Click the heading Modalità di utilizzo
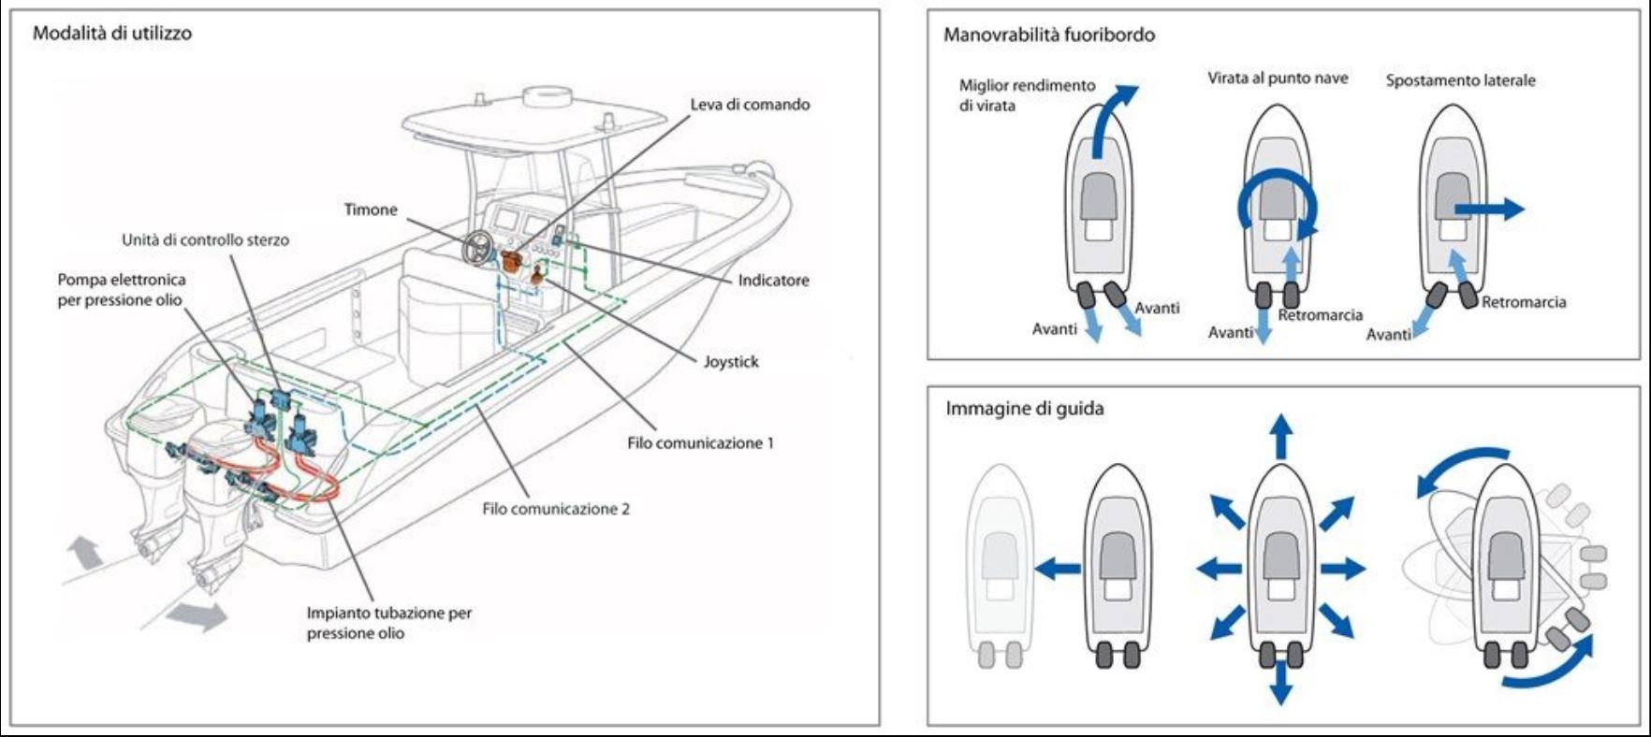click(x=112, y=34)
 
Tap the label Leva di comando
click(x=750, y=105)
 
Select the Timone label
click(x=371, y=210)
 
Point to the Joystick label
click(x=731, y=362)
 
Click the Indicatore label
click(x=773, y=280)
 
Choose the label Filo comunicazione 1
click(x=700, y=443)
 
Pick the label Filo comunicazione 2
click(x=556, y=510)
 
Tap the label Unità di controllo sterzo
click(x=205, y=240)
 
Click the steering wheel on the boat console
click(x=480, y=248)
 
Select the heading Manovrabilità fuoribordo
click(x=1048, y=36)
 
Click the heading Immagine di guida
click(x=1024, y=409)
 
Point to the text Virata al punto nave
click(x=1278, y=79)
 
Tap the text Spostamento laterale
click(x=1460, y=81)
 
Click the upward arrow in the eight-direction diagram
click(x=1281, y=437)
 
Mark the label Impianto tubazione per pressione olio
click(x=388, y=623)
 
